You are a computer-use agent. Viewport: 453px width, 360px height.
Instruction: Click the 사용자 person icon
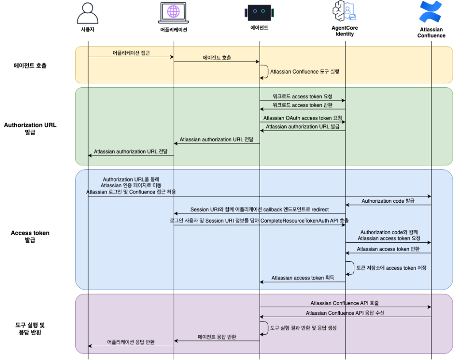pyautogui.click(x=88, y=13)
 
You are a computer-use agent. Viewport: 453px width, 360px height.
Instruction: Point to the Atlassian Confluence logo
pyautogui.click(x=431, y=12)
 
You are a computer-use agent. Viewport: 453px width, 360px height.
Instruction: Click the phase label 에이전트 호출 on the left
pyautogui.click(x=30, y=66)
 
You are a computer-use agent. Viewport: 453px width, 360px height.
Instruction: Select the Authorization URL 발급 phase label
pyautogui.click(x=30, y=128)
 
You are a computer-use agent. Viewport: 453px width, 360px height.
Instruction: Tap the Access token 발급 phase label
pyautogui.click(x=30, y=236)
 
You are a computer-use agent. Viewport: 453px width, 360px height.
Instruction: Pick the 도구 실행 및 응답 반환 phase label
pyautogui.click(x=30, y=329)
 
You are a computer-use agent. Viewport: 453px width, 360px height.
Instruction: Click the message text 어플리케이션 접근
pyautogui.click(x=131, y=53)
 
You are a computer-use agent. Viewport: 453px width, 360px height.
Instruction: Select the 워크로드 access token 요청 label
pyautogui.click(x=303, y=96)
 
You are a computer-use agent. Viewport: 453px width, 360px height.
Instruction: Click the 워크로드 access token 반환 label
pyautogui.click(x=303, y=105)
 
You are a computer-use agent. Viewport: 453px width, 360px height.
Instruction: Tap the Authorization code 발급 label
pyautogui.click(x=388, y=201)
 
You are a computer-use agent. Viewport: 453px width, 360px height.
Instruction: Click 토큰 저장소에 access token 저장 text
pyautogui.click(x=391, y=268)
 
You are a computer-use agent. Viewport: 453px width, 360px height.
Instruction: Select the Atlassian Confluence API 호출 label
pyautogui.click(x=345, y=303)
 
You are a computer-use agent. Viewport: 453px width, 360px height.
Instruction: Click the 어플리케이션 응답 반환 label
pyautogui.click(x=131, y=342)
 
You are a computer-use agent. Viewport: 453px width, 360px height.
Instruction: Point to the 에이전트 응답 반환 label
pyautogui.click(x=217, y=337)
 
